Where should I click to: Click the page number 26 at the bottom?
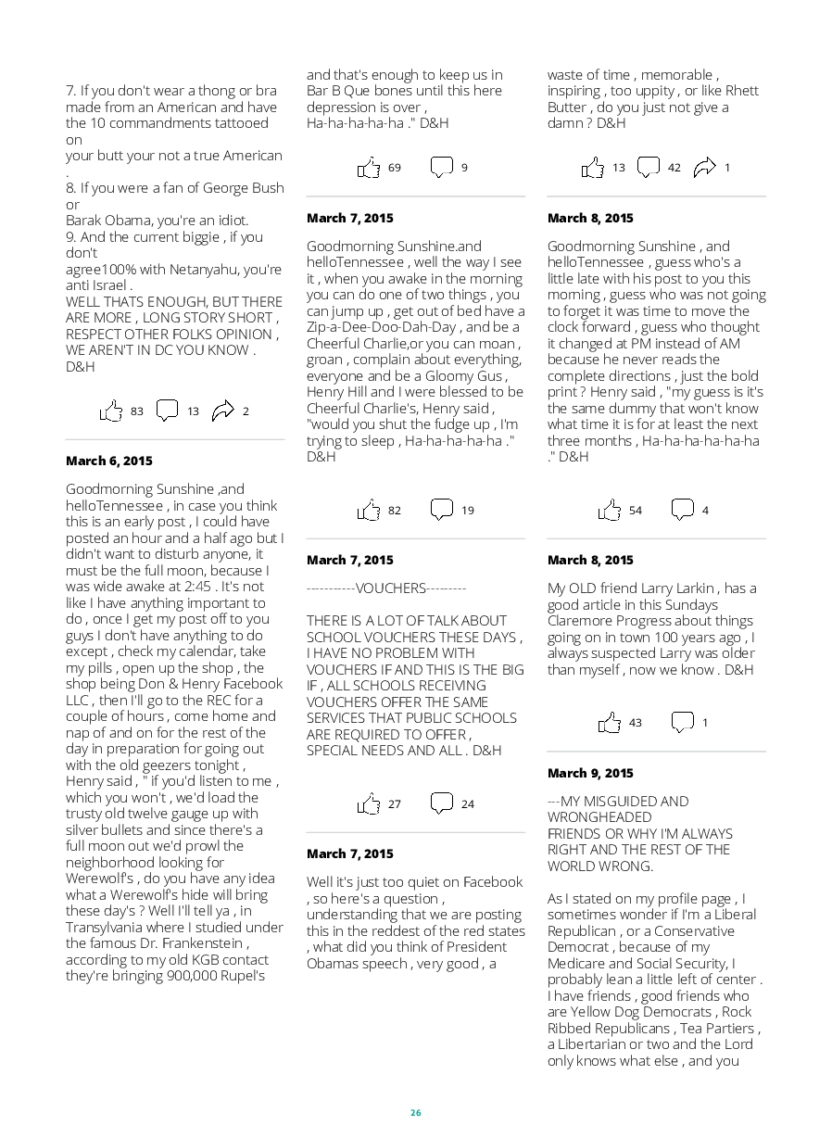[416, 1113]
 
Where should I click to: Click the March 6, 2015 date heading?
[109, 461]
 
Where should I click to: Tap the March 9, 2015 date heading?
[590, 773]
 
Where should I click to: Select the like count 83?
[137, 411]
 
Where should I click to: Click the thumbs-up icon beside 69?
[369, 168]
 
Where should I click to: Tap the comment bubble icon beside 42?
[649, 168]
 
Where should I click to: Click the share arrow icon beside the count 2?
[222, 411]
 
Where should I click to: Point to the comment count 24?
[468, 804]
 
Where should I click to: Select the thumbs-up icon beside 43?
[609, 723]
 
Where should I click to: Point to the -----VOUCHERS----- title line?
[386, 588]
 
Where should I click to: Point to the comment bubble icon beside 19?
[442, 510]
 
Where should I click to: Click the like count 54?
[636, 511]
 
